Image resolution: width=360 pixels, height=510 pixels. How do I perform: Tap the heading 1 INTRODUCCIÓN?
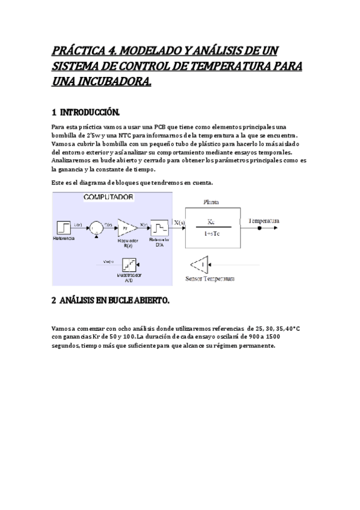pyautogui.click(x=86, y=113)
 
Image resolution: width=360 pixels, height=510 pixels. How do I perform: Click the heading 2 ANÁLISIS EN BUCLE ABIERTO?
pyautogui.click(x=111, y=300)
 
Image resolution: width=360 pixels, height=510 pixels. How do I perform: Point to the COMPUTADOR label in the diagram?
pyautogui.click(x=108, y=197)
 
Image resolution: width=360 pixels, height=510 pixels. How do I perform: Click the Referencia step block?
pyautogui.click(x=64, y=227)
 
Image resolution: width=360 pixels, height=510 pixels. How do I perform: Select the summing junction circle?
pyautogui.click(x=94, y=227)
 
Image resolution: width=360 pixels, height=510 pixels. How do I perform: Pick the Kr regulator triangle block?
pyautogui.click(x=126, y=227)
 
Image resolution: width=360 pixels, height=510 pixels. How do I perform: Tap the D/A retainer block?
pyautogui.click(x=159, y=227)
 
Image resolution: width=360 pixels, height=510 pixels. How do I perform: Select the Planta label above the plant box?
pyautogui.click(x=211, y=202)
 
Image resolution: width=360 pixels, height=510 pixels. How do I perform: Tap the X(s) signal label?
pyautogui.click(x=179, y=223)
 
